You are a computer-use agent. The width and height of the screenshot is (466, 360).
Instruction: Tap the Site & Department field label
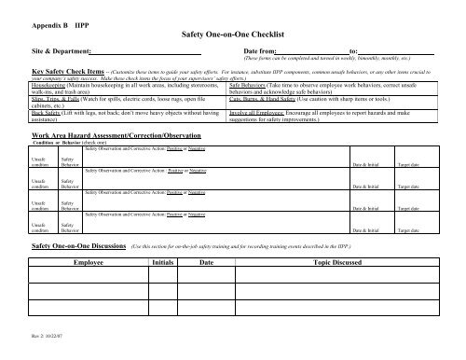click(62, 51)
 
